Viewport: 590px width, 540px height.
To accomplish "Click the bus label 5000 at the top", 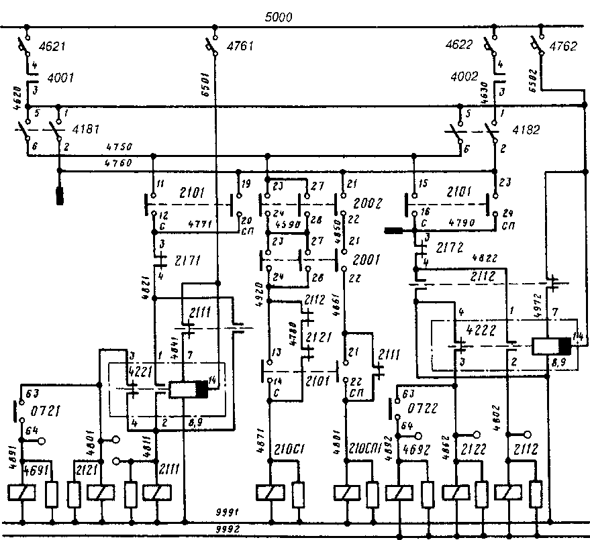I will point(279,18).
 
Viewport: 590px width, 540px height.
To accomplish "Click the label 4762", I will point(563,48).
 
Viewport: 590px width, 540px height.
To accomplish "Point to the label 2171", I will point(189,260).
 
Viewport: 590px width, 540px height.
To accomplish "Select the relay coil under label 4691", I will point(21,492).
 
